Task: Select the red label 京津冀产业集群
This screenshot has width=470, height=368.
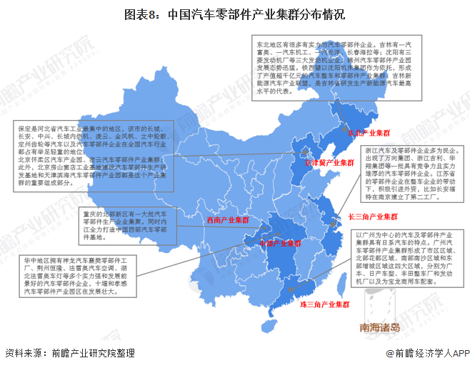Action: (x=329, y=163)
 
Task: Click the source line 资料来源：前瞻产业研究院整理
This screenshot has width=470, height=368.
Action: (x=69, y=354)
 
